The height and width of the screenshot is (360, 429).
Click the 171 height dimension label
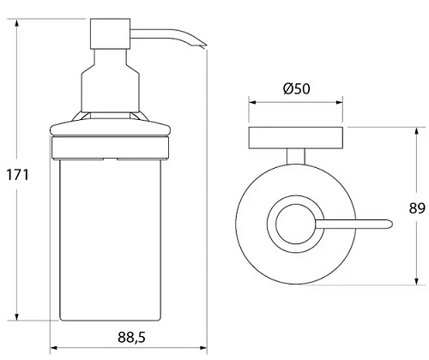pos(18,175)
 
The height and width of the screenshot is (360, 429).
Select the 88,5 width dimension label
pos(131,338)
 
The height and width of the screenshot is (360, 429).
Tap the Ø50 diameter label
pos(297,88)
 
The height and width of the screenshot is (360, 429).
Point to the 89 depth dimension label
pos(417,208)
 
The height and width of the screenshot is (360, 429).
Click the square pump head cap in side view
pos(110,34)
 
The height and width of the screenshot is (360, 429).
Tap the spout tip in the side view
pos(203,45)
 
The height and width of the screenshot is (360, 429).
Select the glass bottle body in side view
pos(110,240)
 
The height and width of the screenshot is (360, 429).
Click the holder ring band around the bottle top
pos(110,148)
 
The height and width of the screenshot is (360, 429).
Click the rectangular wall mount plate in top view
pos(296,138)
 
